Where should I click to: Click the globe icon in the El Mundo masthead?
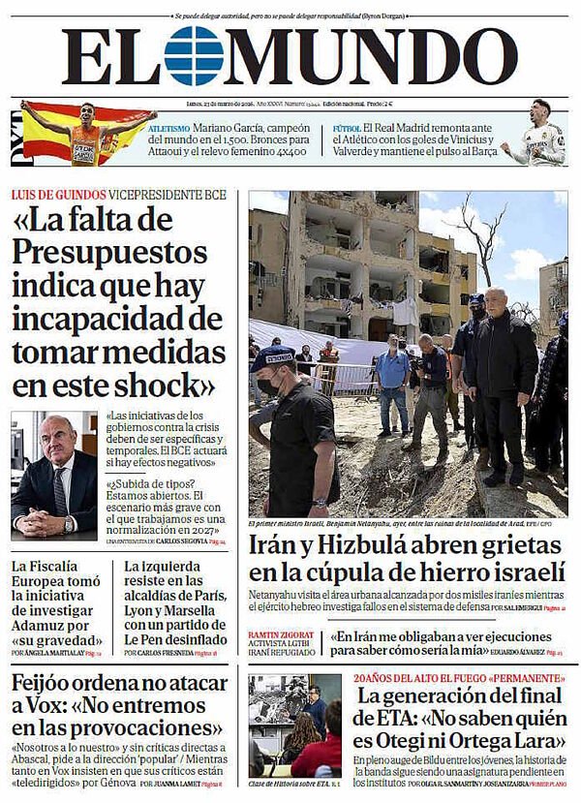193,56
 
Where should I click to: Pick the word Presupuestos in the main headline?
105,253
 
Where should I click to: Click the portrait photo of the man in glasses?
54,476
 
